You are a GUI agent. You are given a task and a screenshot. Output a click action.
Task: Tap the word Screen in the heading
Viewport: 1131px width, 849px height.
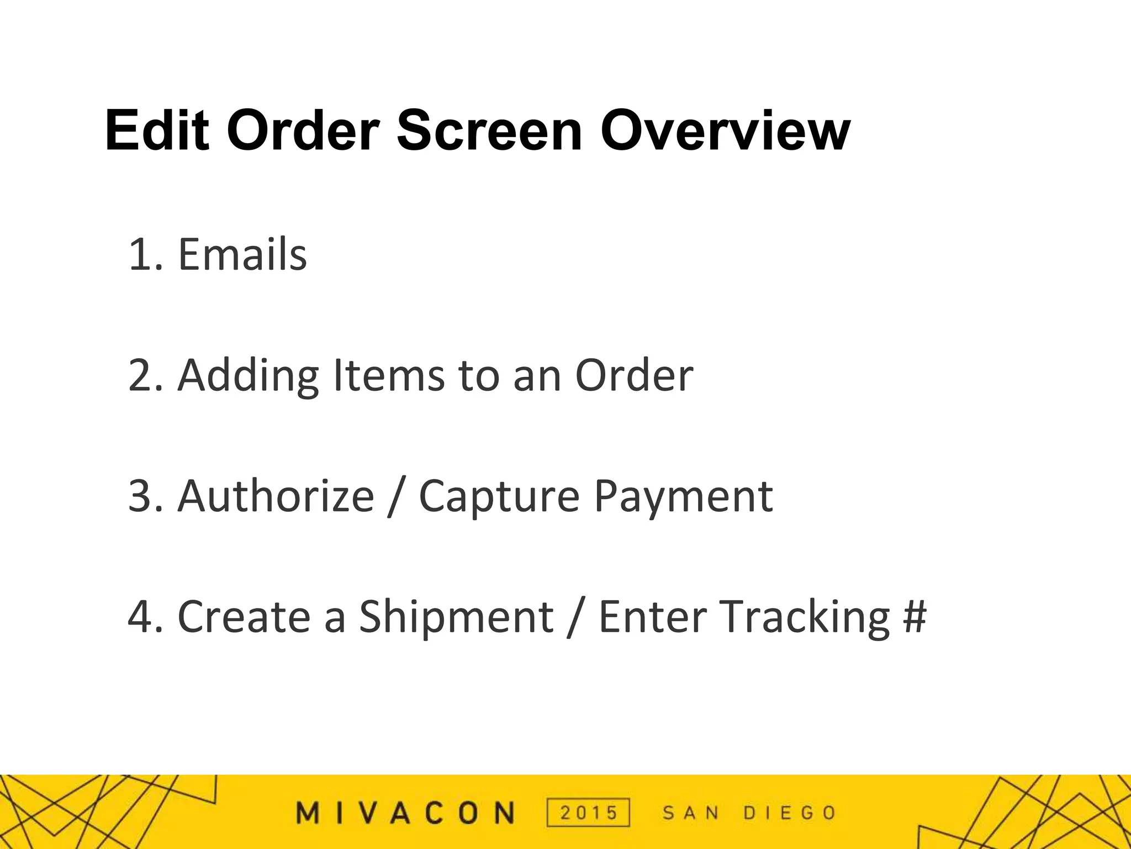pyautogui.click(x=489, y=132)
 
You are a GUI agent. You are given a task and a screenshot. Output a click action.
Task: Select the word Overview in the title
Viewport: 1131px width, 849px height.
pyautogui.click(x=725, y=132)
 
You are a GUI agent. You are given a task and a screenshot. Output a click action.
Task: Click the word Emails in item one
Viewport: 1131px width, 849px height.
pyautogui.click(x=242, y=254)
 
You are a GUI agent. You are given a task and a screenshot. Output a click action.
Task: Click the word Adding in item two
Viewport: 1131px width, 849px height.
pyautogui.click(x=248, y=376)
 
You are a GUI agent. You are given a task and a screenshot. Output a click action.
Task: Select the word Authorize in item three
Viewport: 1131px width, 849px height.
pyautogui.click(x=276, y=496)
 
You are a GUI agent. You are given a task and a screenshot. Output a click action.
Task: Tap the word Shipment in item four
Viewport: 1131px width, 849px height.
pyautogui.click(x=456, y=617)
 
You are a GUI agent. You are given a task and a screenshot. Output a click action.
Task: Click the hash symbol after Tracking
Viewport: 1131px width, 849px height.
pyautogui.click(x=915, y=617)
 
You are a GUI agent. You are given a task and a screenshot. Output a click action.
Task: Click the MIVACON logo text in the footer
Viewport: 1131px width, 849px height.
pyautogui.click(x=406, y=813)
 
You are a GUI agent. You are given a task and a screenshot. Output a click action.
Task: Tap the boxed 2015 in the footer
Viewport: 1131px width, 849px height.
pyautogui.click(x=588, y=813)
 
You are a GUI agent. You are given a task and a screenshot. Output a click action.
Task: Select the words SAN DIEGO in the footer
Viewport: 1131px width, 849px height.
pyautogui.click(x=749, y=813)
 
